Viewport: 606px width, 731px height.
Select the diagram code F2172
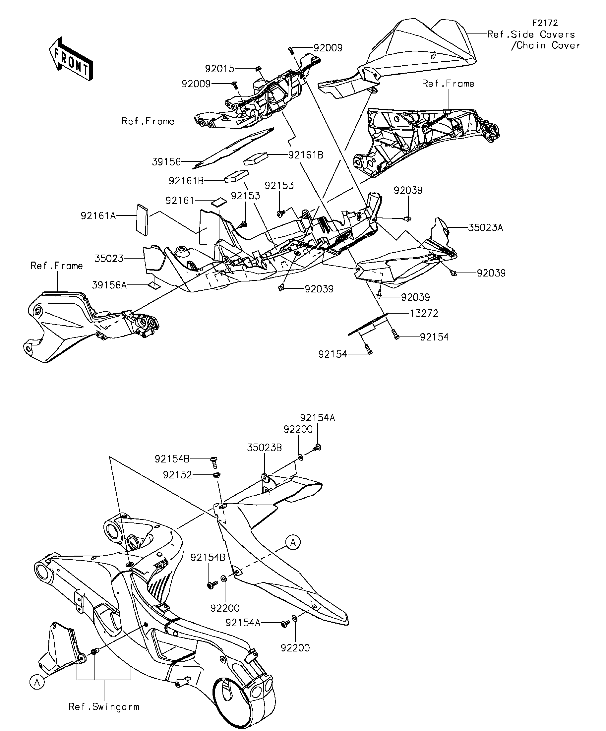(x=545, y=23)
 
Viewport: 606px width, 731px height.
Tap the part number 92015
(x=220, y=69)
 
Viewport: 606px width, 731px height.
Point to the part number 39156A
(x=109, y=285)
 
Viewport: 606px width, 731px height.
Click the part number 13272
(x=424, y=313)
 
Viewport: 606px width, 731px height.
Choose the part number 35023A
(x=485, y=228)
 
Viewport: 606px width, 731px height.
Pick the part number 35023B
(x=265, y=447)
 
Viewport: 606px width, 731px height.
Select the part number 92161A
(x=98, y=216)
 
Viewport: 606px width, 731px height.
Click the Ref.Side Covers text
(x=531, y=34)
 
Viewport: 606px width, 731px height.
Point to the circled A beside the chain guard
(x=293, y=542)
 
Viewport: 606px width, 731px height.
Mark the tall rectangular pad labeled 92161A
(x=142, y=219)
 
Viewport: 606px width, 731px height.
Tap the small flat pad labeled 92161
(x=219, y=202)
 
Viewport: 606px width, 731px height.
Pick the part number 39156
(x=166, y=161)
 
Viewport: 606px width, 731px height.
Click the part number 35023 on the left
(x=109, y=258)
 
